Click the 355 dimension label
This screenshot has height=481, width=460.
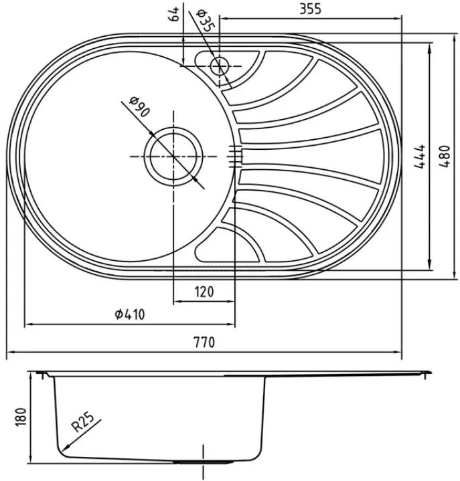310,9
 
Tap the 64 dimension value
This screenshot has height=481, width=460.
173,14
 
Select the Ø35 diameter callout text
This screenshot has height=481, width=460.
204,20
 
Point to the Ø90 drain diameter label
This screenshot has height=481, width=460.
139,106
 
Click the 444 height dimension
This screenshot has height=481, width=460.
420,156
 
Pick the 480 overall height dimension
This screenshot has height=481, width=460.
445,156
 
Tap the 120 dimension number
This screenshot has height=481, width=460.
204,292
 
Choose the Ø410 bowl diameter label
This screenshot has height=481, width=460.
129,314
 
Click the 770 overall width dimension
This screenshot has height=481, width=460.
204,342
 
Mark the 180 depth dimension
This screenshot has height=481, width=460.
20,417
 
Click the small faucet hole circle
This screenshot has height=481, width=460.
219,66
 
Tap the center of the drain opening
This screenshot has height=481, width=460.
173,157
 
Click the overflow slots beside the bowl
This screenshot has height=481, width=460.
235,157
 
